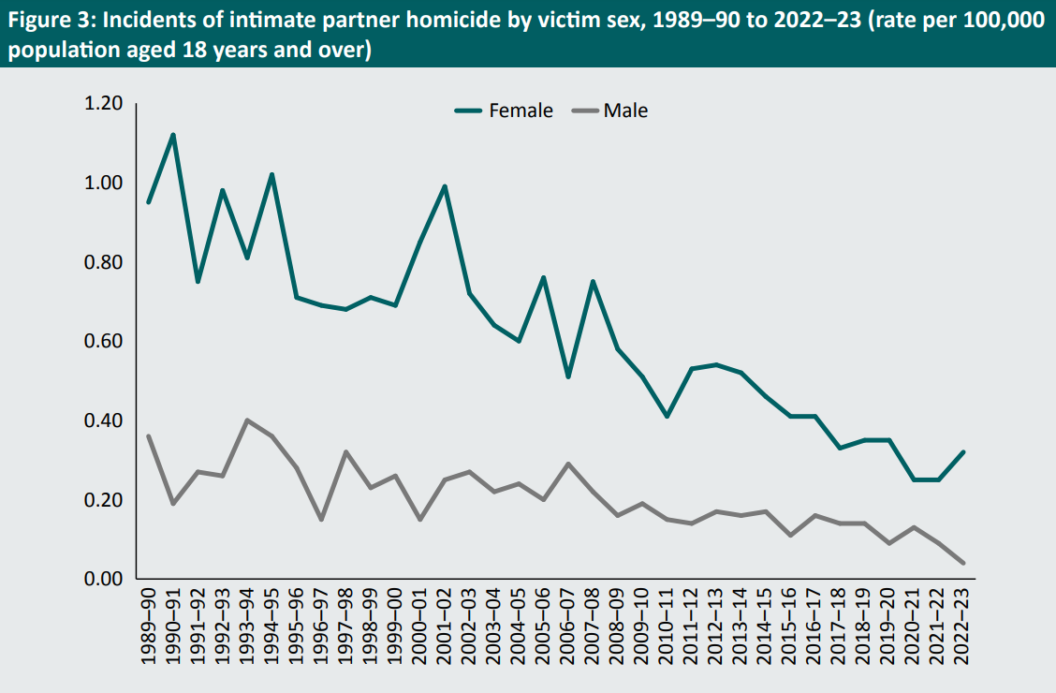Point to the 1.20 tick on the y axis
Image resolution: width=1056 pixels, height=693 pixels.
click(x=103, y=103)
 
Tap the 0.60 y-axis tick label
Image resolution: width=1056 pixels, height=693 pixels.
click(x=103, y=341)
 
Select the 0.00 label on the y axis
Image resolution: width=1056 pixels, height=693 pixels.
click(x=103, y=579)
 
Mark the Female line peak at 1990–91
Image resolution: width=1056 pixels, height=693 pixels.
click(x=173, y=135)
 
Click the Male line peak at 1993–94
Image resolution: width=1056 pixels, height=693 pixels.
click(x=247, y=420)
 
